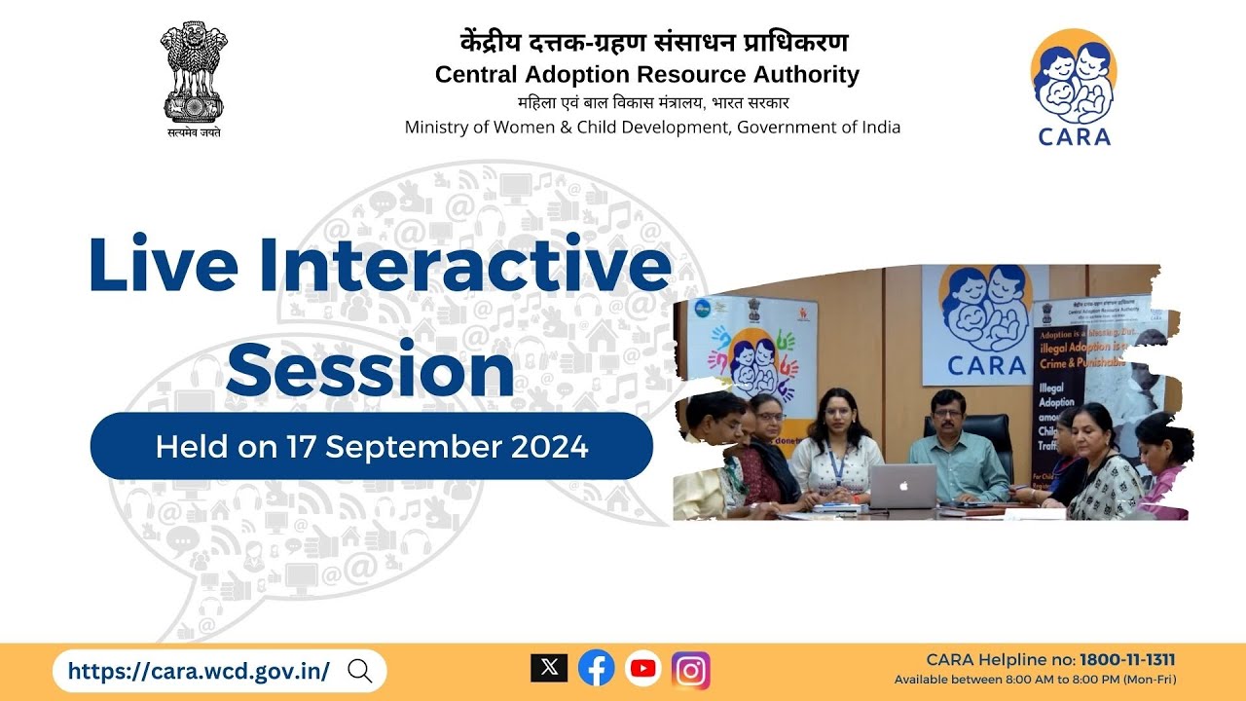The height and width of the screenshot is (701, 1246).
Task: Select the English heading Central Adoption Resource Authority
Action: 647,75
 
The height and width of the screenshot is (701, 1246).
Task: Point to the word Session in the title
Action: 376,371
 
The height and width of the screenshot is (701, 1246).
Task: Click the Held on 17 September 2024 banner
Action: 372,447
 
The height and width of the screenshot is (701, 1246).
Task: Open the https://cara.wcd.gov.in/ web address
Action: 199,671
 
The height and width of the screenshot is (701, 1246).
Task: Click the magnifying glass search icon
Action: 359,671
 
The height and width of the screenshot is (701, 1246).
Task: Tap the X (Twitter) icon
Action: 549,668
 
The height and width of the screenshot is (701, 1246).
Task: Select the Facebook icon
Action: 596,668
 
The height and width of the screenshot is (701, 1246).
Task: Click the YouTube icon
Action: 643,668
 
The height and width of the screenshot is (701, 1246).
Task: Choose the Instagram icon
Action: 691,670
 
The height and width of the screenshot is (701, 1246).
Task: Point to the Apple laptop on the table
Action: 902,486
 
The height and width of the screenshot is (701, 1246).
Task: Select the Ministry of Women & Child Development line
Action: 652,128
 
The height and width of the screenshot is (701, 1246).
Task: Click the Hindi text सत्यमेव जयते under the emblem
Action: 194,132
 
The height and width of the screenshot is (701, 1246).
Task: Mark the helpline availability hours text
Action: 1035,680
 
